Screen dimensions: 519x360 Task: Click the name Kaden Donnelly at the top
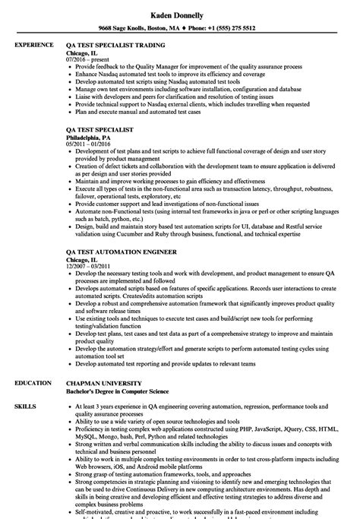(180, 13)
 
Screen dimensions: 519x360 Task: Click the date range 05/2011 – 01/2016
(87, 123)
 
